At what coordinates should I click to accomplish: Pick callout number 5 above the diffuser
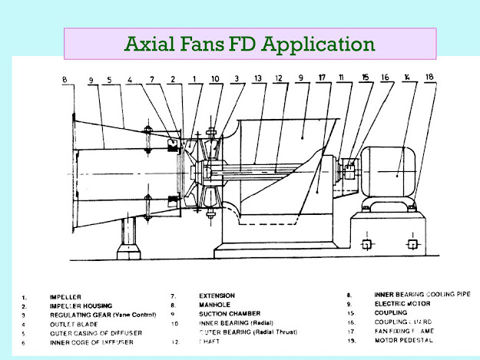click(111, 78)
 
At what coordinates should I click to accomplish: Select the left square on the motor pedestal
click(368, 245)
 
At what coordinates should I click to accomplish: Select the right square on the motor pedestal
click(413, 245)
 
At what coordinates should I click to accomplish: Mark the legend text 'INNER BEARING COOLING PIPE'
click(422, 295)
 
